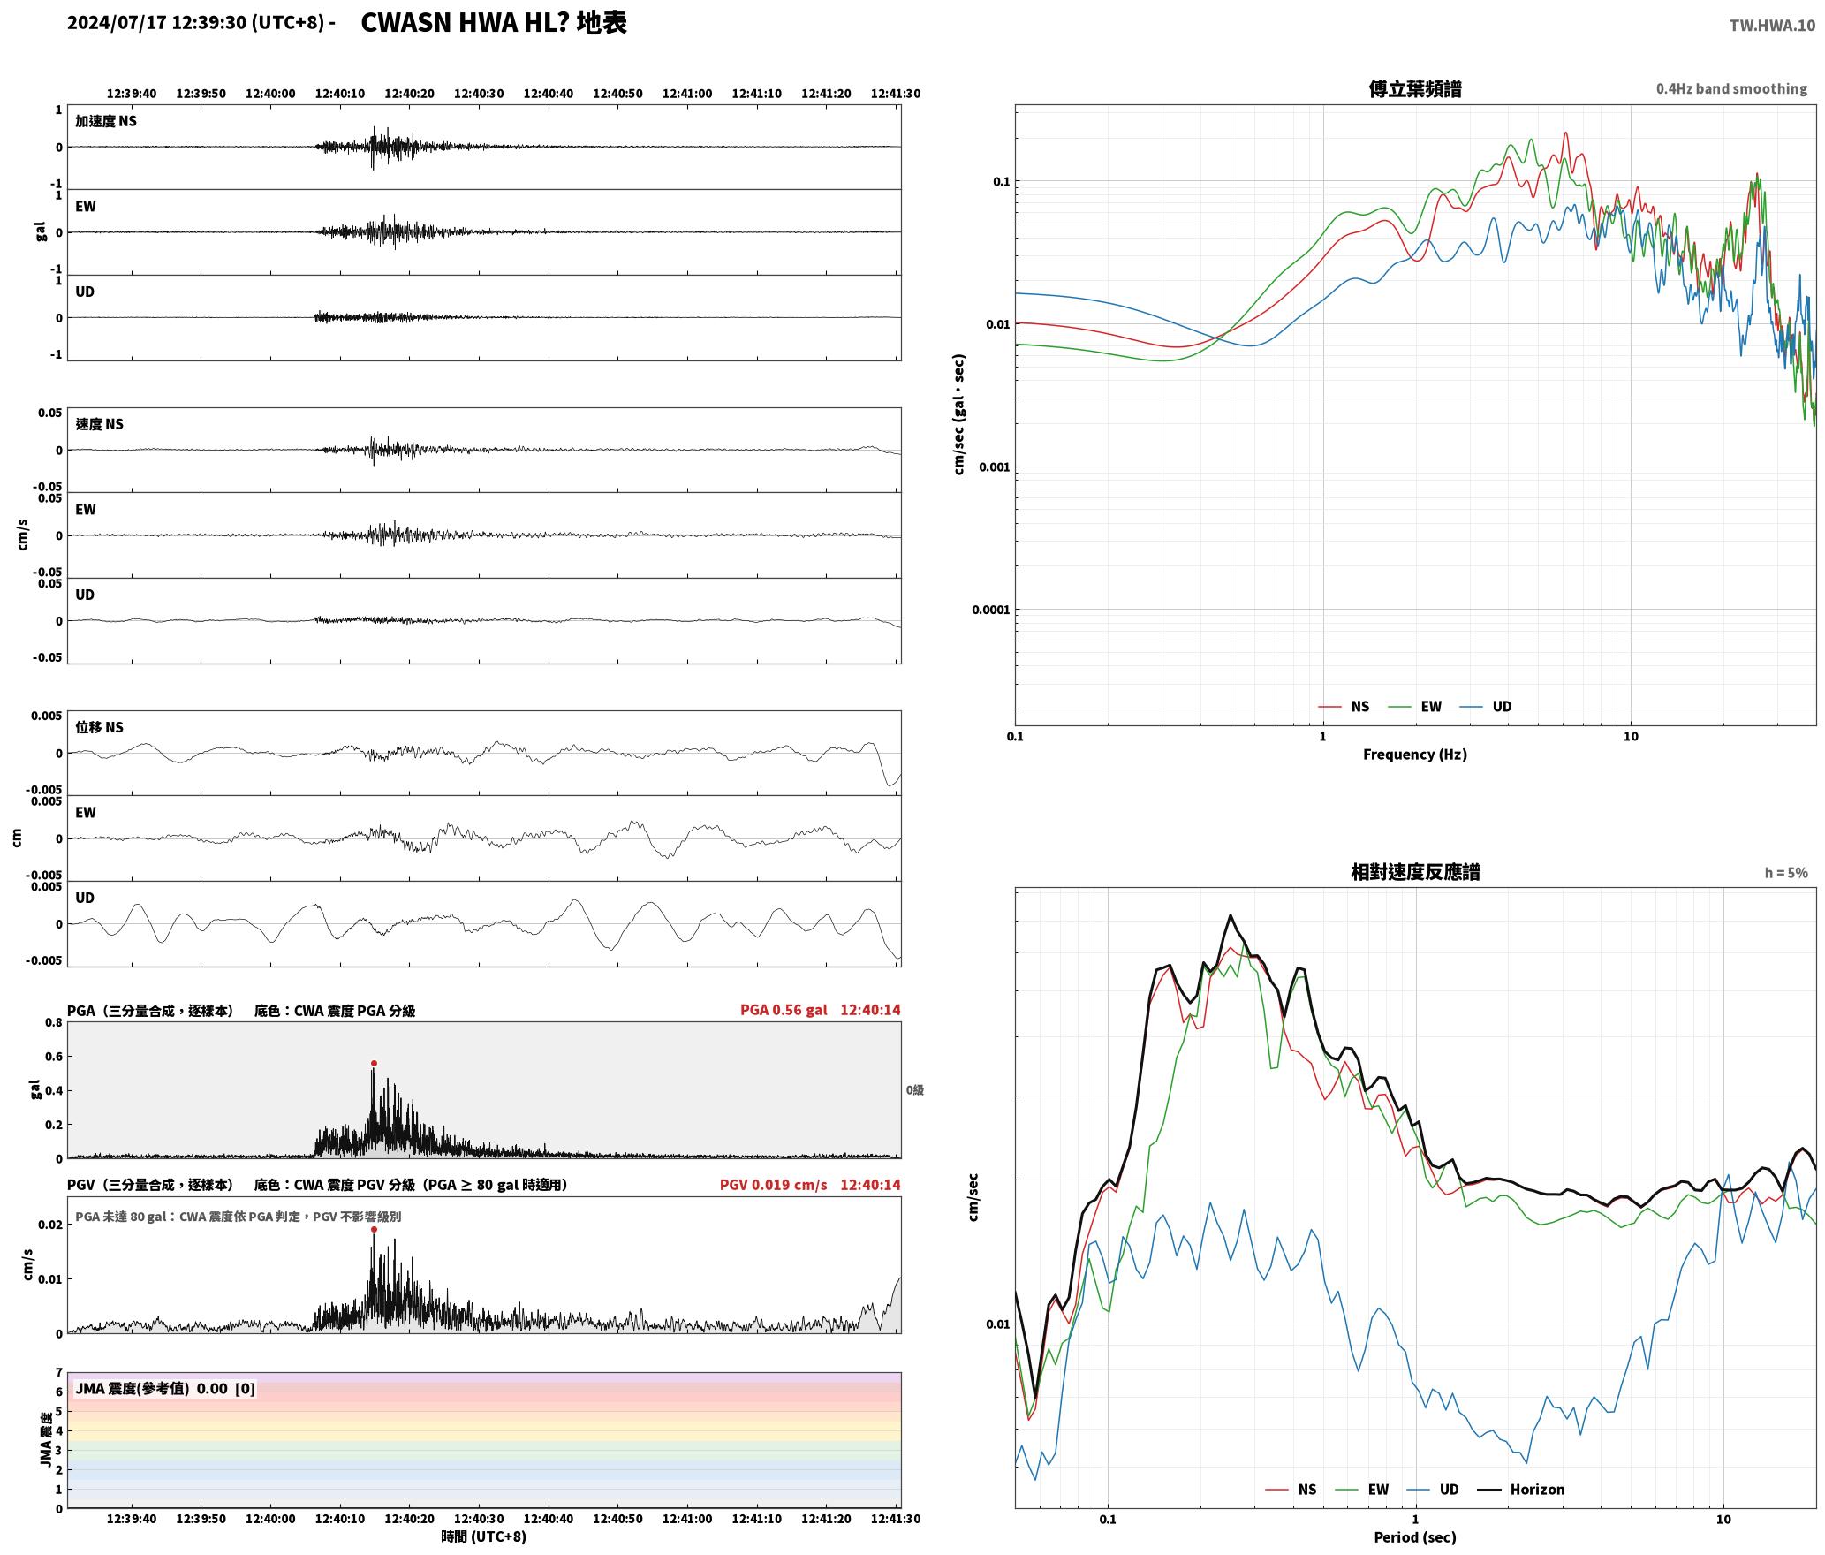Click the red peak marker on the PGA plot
pyautogui.click(x=374, y=1063)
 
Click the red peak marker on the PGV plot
pyautogui.click(x=374, y=1229)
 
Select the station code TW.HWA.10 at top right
pyautogui.click(x=1772, y=26)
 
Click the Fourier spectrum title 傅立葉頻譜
pyautogui.click(x=1415, y=88)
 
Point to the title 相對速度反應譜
pyautogui.click(x=1415, y=872)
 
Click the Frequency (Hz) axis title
pyautogui.click(x=1414, y=754)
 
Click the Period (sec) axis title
pyautogui.click(x=1414, y=1536)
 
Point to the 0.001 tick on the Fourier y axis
pyautogui.click(x=994, y=466)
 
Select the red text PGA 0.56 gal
pyautogui.click(x=784, y=1010)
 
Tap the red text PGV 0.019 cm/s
pyautogui.click(x=773, y=1184)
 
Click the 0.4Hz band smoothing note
pyautogui.click(x=1731, y=88)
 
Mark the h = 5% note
pyautogui.click(x=1786, y=873)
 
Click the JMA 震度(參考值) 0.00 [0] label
pyautogui.click(x=165, y=1388)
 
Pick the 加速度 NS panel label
pyautogui.click(x=106, y=121)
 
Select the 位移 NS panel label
pyautogui.click(x=99, y=727)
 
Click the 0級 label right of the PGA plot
pyautogui.click(x=914, y=1090)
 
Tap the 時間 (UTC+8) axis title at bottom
pyautogui.click(x=483, y=1536)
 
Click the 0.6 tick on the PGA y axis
pyautogui.click(x=54, y=1057)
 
